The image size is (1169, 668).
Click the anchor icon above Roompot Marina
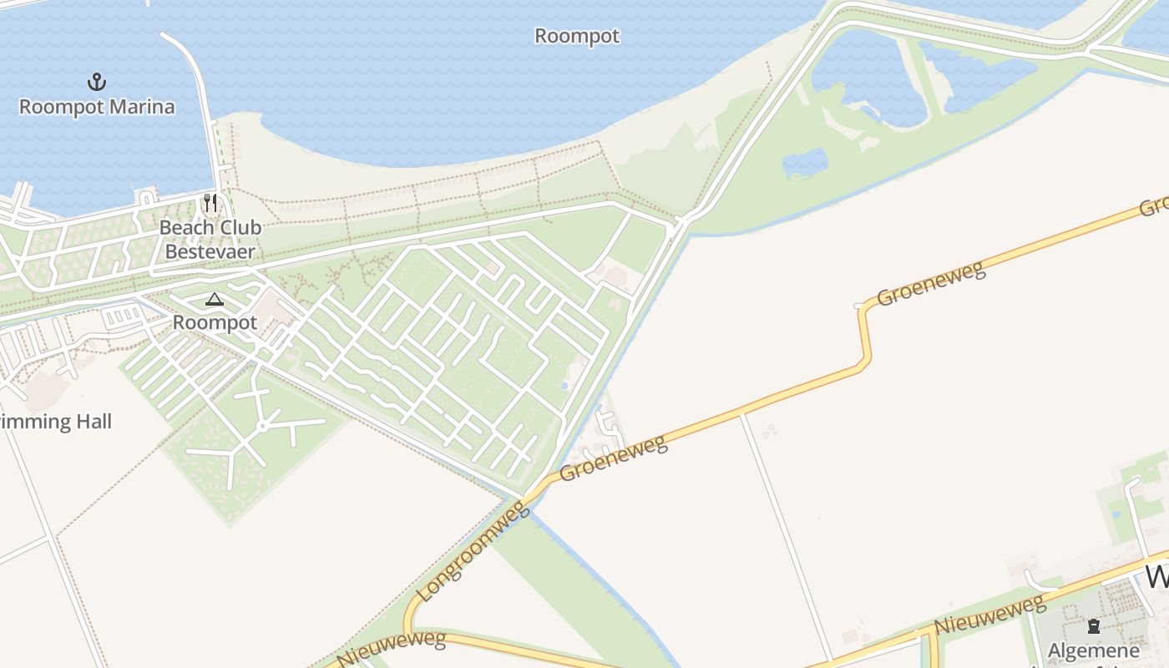(98, 82)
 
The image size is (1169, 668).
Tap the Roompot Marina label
(97, 107)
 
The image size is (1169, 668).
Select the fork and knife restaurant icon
(210, 203)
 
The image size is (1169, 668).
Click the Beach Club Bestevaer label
(210, 239)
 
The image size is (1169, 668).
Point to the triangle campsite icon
(215, 300)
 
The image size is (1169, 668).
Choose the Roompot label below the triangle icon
(215, 322)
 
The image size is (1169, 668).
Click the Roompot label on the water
(577, 36)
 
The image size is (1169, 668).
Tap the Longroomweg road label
(473, 551)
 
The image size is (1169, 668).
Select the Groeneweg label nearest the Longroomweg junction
(614, 458)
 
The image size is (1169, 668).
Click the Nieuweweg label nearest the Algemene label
(989, 614)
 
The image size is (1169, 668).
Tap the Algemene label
(1093, 650)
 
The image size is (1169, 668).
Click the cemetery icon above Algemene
(1093, 626)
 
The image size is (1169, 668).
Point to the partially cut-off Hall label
(55, 422)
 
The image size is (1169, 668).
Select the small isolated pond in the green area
(805, 163)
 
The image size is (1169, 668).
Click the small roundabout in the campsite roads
(262, 426)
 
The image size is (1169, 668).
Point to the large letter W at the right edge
(1157, 576)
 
